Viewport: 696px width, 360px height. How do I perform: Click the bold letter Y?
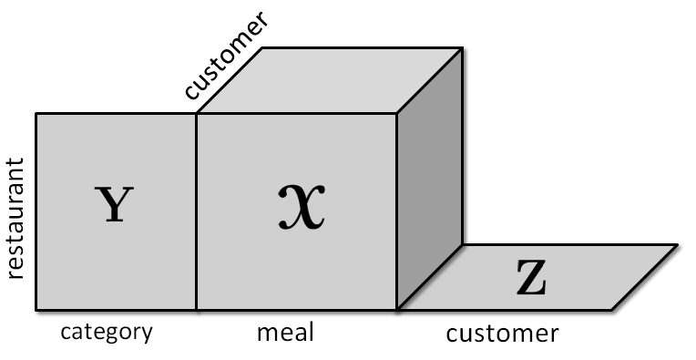(x=113, y=205)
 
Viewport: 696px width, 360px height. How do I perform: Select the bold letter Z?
(x=531, y=280)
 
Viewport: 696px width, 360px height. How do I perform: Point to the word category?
(x=106, y=332)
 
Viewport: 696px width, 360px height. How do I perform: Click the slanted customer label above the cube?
(x=225, y=57)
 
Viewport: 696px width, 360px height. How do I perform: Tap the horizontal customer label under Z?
(x=502, y=334)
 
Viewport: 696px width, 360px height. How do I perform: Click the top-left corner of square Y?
(x=36, y=114)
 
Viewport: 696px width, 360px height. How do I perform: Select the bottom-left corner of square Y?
(x=36, y=310)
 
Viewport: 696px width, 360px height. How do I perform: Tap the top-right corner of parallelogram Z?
(x=678, y=244)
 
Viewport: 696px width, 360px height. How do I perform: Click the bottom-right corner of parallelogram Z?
(x=611, y=310)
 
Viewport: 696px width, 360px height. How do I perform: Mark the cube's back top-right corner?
(x=463, y=47)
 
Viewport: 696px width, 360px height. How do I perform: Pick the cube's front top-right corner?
(x=396, y=114)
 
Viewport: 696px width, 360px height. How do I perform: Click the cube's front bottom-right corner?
(x=396, y=310)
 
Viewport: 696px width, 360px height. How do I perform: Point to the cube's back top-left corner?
(x=263, y=47)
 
